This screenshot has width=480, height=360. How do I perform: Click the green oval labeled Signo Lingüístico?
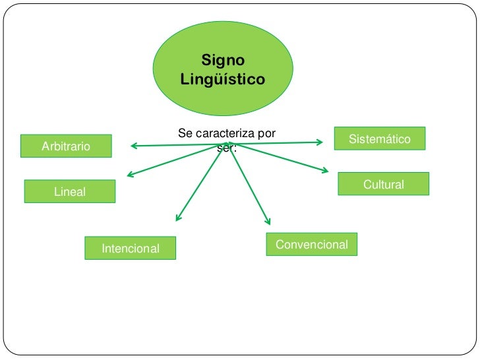223,68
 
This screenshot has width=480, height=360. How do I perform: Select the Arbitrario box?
66,146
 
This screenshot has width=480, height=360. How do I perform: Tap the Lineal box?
70,191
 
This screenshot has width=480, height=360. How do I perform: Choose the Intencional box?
131,249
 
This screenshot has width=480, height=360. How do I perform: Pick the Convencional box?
312,245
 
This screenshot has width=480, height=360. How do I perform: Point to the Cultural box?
383,184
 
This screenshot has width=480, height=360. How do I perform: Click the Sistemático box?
379,138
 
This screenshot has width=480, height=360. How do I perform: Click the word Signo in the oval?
223,60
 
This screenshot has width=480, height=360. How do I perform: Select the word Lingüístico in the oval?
223,80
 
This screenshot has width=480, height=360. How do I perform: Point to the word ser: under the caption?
226,148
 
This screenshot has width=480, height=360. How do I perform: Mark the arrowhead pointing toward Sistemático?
320,141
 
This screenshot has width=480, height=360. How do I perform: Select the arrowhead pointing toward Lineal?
130,175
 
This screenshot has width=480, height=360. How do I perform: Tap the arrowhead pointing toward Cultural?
325,171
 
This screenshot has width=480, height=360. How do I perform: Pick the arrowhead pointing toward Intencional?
178,218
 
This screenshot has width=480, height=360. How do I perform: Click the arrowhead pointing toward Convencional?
267,222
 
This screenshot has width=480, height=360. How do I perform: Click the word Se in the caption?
184,133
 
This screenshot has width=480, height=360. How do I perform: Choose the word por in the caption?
266,133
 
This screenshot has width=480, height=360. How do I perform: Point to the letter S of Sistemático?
353,139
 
